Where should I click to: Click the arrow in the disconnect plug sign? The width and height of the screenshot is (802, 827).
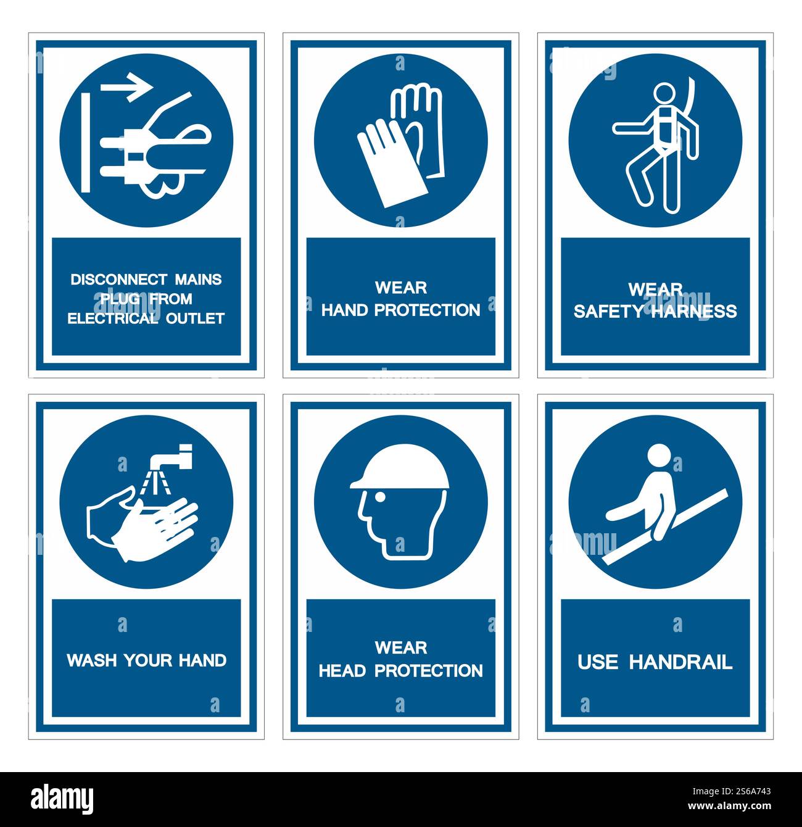coord(127,86)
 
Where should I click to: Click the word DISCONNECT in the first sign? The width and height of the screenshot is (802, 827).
coord(112,280)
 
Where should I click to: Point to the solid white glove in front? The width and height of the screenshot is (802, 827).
coord(389,162)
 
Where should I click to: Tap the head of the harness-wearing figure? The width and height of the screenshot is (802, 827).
coord(664,94)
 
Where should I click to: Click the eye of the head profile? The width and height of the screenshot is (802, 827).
coord(380,496)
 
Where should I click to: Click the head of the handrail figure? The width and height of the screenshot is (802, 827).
coord(659,455)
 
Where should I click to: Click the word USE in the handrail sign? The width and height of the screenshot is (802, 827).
coord(597,662)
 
